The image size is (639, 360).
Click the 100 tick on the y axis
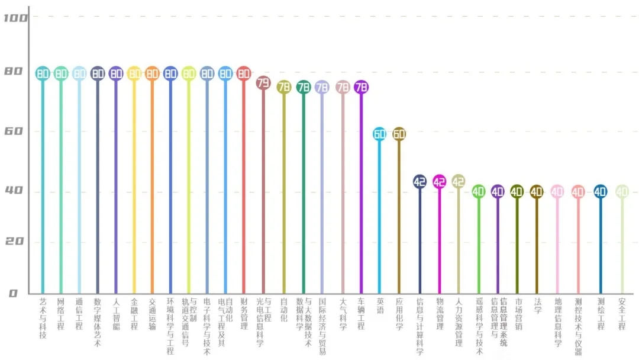coord(15,18)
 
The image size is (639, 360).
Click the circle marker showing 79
coord(263,83)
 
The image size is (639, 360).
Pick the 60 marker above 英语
coord(380,134)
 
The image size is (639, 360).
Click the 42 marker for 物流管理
coord(439,182)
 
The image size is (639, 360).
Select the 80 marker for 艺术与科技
coord(43,73)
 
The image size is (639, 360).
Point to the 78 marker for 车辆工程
coord(362,87)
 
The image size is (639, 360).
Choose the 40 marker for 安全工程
coord(621,191)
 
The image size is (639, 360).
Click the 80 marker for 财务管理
coord(244,73)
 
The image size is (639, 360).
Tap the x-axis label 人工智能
coord(116,314)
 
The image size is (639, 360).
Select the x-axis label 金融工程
coord(134,314)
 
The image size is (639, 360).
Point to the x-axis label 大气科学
coord(343,314)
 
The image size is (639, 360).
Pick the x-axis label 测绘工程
coord(601,314)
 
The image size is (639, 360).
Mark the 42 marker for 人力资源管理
coord(459,182)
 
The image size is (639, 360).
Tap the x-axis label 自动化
coord(284,310)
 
